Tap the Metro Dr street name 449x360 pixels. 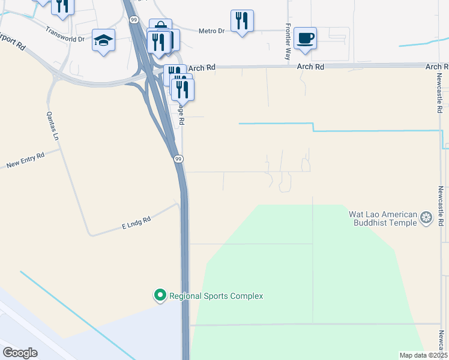[x=212, y=31]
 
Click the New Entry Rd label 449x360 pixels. [x=25, y=160]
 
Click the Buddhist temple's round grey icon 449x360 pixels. [x=427, y=218]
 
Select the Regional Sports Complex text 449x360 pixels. [x=216, y=296]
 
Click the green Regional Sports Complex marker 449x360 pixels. [x=160, y=295]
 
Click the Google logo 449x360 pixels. [x=20, y=352]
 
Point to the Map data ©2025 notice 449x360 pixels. [x=423, y=355]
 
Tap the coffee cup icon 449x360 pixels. [x=305, y=38]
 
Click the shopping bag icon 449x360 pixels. [x=161, y=27]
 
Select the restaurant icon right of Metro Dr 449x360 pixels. [x=242, y=20]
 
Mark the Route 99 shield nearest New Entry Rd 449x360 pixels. [x=178, y=159]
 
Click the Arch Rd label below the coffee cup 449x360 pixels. [x=311, y=68]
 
